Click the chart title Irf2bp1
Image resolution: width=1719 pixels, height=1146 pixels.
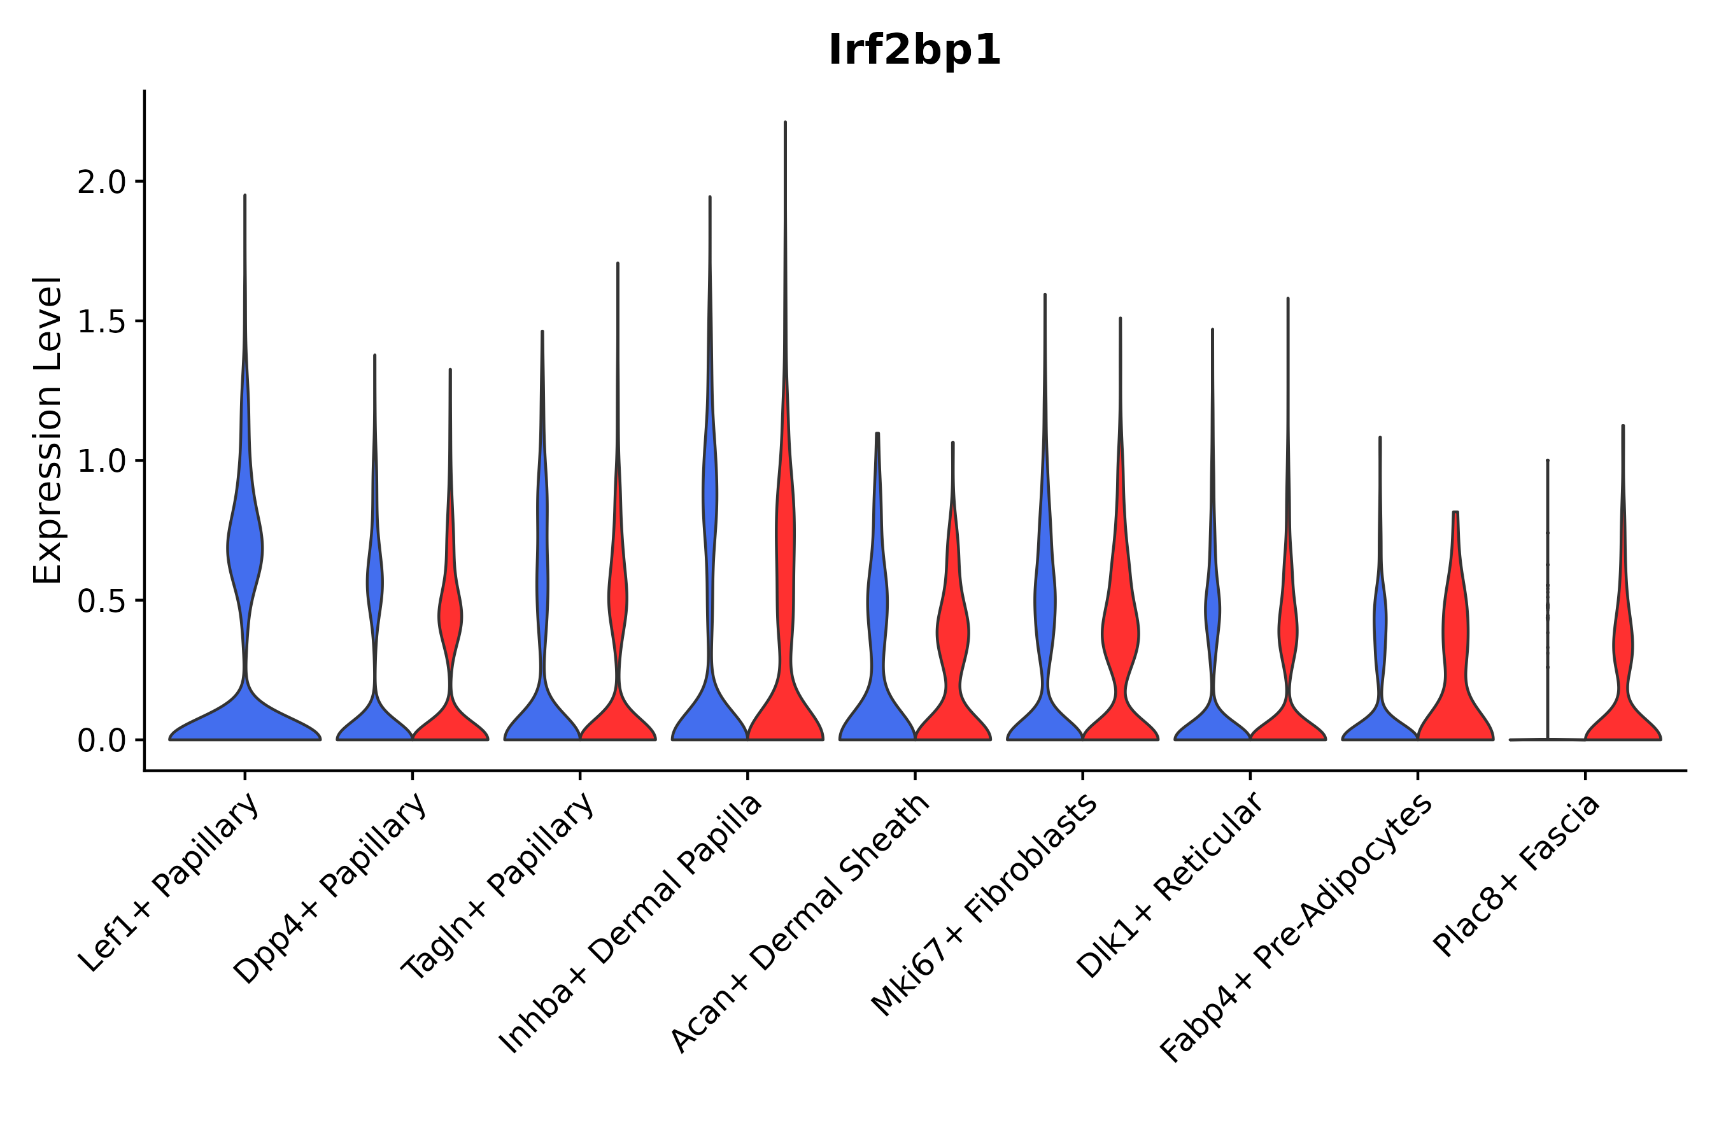tap(914, 51)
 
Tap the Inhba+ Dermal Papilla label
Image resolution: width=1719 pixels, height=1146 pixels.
tap(631, 924)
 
